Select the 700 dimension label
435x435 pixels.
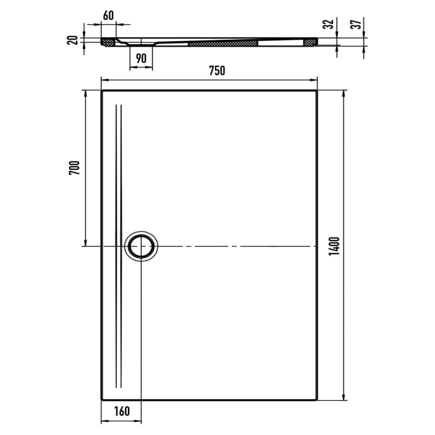tap(73, 168)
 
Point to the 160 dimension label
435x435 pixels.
tap(121, 410)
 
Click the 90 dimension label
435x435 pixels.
tap(141, 58)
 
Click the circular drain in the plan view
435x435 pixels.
tap(142, 246)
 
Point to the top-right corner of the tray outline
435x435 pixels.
tap(318, 91)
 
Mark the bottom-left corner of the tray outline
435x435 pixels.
tap(101, 400)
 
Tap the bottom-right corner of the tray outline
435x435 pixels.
tap(318, 400)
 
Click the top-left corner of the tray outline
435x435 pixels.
tap(101, 91)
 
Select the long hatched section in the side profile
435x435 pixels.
tap(222, 43)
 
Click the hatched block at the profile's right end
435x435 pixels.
tap(309, 42)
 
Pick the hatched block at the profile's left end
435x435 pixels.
tap(109, 42)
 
